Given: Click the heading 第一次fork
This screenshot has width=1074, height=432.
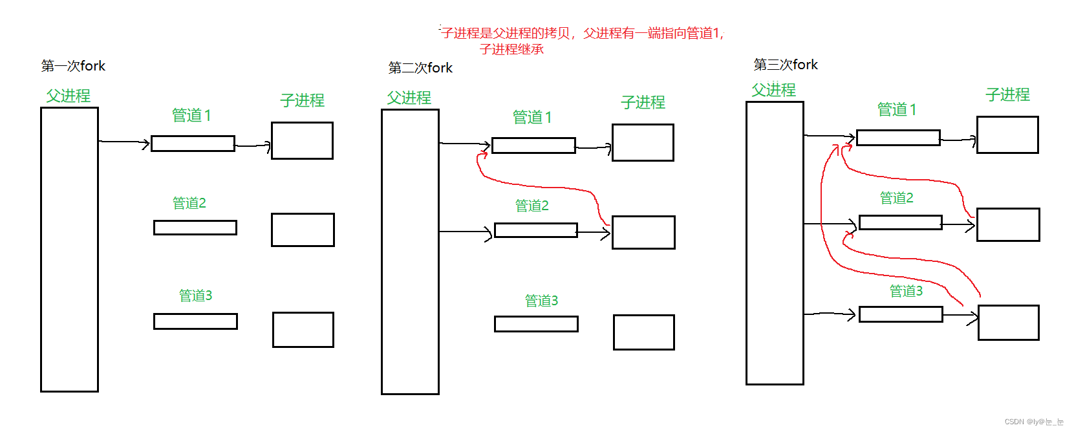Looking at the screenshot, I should (x=73, y=66).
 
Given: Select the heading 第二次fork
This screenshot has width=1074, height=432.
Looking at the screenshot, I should (x=420, y=68).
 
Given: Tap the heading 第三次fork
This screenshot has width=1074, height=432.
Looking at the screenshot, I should (x=786, y=65).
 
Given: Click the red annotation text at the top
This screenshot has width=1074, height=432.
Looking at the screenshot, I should (x=582, y=34).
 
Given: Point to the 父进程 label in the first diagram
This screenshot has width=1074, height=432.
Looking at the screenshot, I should (x=68, y=96).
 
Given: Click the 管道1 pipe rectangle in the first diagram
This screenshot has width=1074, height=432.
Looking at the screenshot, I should (x=193, y=144).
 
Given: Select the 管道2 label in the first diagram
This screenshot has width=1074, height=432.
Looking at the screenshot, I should (x=189, y=203).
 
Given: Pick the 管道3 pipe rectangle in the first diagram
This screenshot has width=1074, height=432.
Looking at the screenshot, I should (x=195, y=321).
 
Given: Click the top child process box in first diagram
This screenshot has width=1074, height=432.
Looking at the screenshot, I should (x=302, y=140).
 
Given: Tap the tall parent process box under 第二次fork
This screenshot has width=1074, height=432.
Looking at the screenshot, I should (x=410, y=252).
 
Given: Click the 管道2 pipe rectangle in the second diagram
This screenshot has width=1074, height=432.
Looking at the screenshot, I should (x=535, y=230).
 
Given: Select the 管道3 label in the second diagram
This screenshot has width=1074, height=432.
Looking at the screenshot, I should (x=541, y=301).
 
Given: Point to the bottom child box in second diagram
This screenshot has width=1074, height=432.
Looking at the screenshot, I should (x=643, y=332).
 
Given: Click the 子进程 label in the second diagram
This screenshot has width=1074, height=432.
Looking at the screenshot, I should (x=643, y=102).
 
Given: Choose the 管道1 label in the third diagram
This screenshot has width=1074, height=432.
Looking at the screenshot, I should (x=896, y=109).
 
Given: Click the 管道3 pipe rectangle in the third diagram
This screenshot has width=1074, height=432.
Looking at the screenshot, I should (x=901, y=314).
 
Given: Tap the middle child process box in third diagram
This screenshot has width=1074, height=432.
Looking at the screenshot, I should (x=1007, y=224).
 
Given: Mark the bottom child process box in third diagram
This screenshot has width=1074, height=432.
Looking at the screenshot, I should (x=1008, y=323).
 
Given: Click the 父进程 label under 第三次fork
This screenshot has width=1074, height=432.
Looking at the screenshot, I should (x=773, y=90).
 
